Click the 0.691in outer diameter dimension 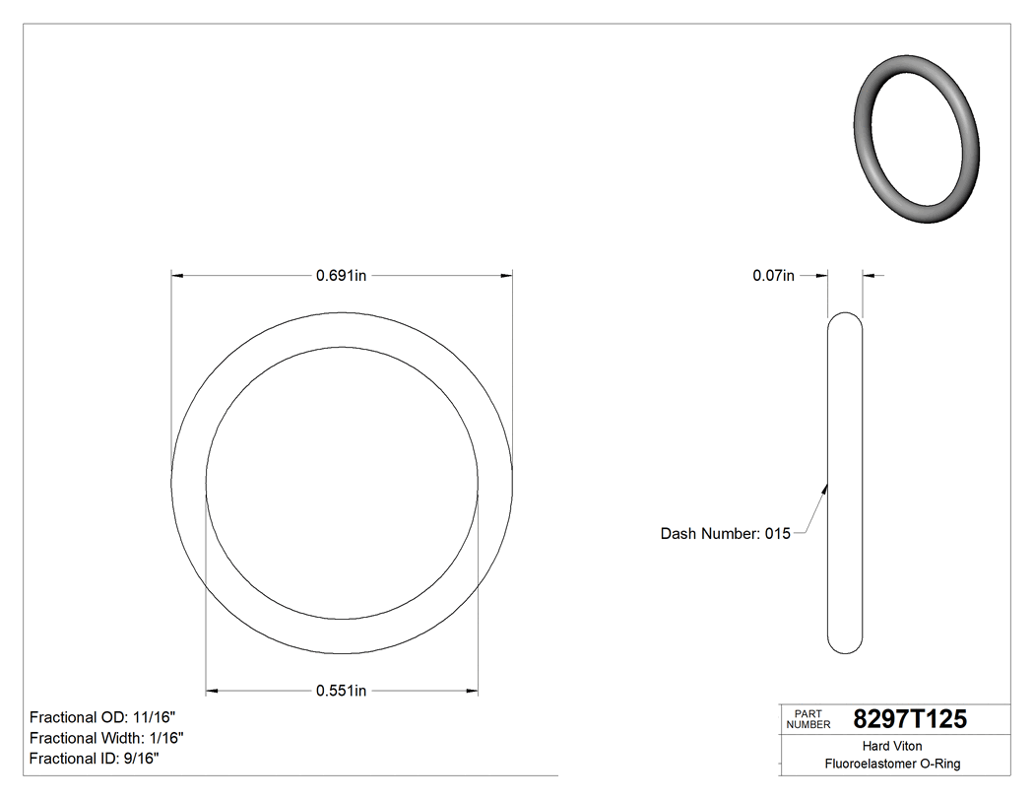tap(341, 276)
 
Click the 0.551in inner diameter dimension tap(341, 691)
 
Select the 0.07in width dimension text tap(773, 276)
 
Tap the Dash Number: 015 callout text tap(725, 534)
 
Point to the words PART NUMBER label tap(808, 719)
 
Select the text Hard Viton tap(892, 746)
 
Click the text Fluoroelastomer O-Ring tap(892, 764)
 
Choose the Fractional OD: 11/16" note tap(103, 717)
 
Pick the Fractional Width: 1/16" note tap(106, 738)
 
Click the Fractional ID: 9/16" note tap(96, 759)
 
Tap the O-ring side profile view tap(845, 483)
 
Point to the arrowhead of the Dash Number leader tap(825, 486)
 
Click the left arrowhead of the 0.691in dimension tap(177, 276)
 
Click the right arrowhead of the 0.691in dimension tap(507, 276)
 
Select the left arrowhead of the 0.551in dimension tap(211, 691)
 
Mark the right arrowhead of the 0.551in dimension tap(473, 691)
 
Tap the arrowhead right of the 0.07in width tap(868, 276)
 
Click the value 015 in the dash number tap(778, 534)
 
